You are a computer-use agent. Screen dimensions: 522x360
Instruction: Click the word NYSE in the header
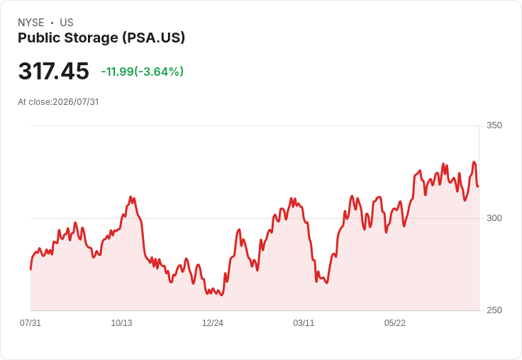pyautogui.click(x=31, y=23)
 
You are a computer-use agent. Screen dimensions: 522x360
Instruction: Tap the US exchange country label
pyautogui.click(x=67, y=23)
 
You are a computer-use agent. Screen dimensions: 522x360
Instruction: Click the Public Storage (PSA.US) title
pyautogui.click(x=101, y=38)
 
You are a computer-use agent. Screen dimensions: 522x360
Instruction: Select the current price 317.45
pyautogui.click(x=54, y=71)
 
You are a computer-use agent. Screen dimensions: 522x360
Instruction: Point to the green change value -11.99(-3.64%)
pyautogui.click(x=143, y=72)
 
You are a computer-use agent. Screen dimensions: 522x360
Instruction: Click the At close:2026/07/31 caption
pyautogui.click(x=58, y=102)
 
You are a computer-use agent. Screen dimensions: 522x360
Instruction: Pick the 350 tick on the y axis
pyautogui.click(x=494, y=125)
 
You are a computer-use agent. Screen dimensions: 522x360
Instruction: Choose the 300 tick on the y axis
pyautogui.click(x=494, y=218)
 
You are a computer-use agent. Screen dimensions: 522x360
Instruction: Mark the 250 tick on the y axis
pyautogui.click(x=494, y=310)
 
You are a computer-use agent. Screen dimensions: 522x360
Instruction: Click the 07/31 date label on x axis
pyautogui.click(x=30, y=323)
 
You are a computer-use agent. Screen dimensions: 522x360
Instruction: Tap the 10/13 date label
pyautogui.click(x=121, y=323)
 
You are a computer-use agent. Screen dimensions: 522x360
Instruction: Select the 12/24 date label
pyautogui.click(x=213, y=323)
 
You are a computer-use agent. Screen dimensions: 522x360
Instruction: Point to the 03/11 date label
pyautogui.click(x=304, y=323)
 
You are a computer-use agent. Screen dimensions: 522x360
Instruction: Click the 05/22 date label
pyautogui.click(x=395, y=323)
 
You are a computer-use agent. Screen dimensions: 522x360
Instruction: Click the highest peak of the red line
pyautogui.click(x=474, y=162)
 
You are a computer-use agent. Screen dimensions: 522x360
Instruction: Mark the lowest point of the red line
pyautogui.click(x=222, y=295)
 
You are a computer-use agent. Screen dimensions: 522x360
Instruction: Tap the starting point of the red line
pyautogui.click(x=30, y=269)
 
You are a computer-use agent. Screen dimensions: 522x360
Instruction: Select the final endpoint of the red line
pyautogui.click(x=479, y=186)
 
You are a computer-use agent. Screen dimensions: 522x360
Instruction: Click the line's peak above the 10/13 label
pyautogui.click(x=130, y=197)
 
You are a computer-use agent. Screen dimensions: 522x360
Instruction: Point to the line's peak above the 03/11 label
pyautogui.click(x=291, y=198)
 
